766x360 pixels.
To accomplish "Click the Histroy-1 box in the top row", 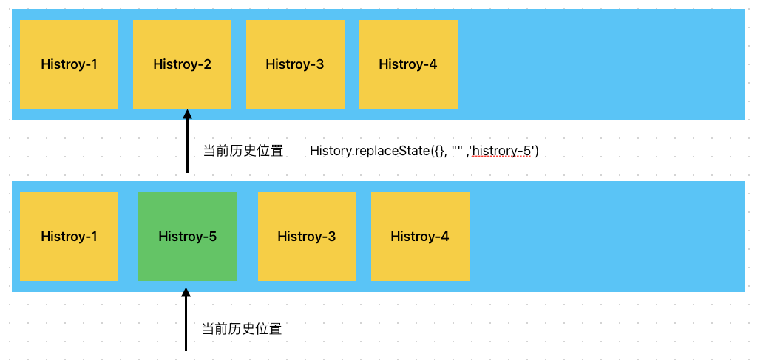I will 69,64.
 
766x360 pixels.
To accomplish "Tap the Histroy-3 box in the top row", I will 295,64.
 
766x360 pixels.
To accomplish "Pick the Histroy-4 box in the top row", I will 408,64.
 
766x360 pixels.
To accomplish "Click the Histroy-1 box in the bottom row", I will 69,237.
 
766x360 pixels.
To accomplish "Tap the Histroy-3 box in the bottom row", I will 307,237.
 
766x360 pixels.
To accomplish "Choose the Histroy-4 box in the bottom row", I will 420,237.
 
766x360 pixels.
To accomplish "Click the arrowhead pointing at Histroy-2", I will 187,114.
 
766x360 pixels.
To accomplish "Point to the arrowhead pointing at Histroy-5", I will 186,293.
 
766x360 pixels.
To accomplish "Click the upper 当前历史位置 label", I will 243,152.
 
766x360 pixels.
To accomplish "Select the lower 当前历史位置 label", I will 242,329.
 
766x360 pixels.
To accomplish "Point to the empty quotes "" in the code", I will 457,150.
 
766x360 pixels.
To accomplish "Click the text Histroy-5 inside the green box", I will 187,237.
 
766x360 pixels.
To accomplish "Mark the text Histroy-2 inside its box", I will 182,64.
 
